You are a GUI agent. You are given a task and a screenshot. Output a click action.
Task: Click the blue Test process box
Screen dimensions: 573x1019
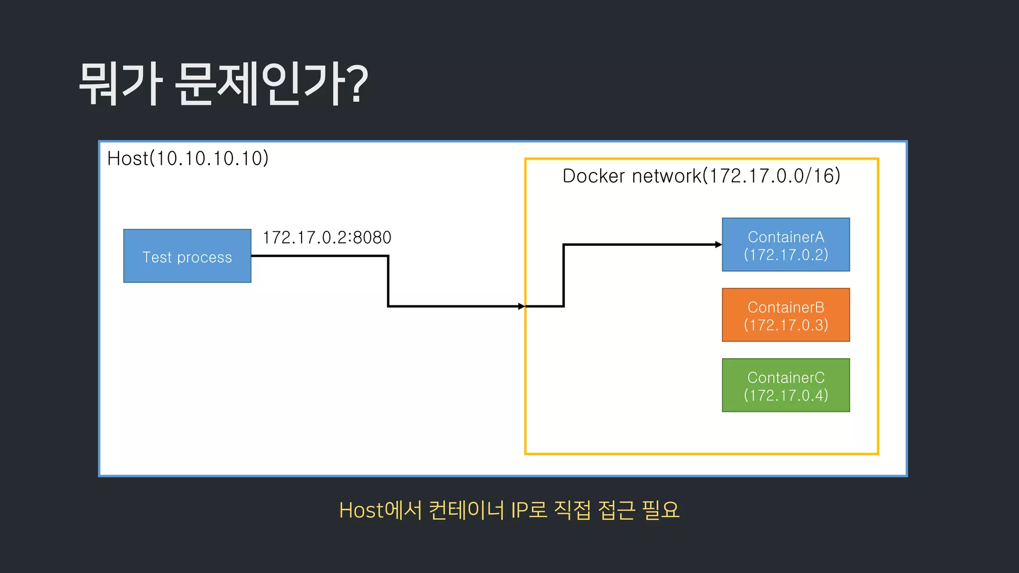point(187,256)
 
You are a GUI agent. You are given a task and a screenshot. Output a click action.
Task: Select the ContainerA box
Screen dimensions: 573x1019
point(786,245)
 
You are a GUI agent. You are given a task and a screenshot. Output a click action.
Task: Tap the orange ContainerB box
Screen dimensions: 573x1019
point(786,315)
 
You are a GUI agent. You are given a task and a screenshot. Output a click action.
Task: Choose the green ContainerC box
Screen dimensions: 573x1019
point(786,385)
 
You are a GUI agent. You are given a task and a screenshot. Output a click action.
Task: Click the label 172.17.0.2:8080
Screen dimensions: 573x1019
point(327,238)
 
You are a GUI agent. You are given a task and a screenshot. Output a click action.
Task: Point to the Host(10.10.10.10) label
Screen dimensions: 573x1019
point(188,159)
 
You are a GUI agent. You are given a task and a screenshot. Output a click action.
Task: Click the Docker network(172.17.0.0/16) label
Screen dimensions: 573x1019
point(701,176)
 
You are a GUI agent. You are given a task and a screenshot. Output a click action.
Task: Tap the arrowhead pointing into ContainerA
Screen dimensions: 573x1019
point(718,245)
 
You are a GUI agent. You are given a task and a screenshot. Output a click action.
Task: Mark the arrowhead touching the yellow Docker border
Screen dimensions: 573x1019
point(521,306)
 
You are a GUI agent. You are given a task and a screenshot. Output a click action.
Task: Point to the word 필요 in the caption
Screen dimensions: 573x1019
point(660,510)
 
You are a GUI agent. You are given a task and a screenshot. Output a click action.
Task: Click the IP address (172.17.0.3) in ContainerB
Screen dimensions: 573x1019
point(786,325)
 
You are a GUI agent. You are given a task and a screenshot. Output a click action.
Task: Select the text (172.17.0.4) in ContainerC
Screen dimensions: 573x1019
point(786,395)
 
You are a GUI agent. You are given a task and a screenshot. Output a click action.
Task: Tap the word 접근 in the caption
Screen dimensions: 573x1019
point(616,510)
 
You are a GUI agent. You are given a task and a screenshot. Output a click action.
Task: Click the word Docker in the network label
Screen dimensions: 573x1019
point(594,176)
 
